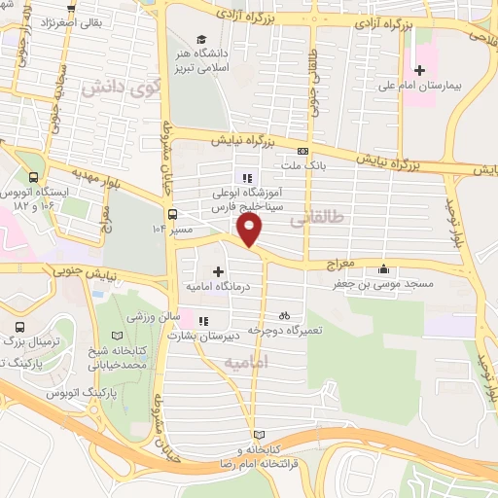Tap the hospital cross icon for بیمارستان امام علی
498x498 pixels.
(420, 70)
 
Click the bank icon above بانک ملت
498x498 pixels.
(303, 151)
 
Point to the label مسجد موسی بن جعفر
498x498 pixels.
(386, 283)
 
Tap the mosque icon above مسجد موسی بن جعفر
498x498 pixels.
(386, 268)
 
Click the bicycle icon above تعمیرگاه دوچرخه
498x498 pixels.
(284, 315)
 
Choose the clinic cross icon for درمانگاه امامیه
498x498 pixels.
(217, 270)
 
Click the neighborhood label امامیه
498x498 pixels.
(244, 362)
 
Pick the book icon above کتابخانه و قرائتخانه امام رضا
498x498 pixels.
(258, 434)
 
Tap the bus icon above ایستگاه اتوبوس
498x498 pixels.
(35, 178)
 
